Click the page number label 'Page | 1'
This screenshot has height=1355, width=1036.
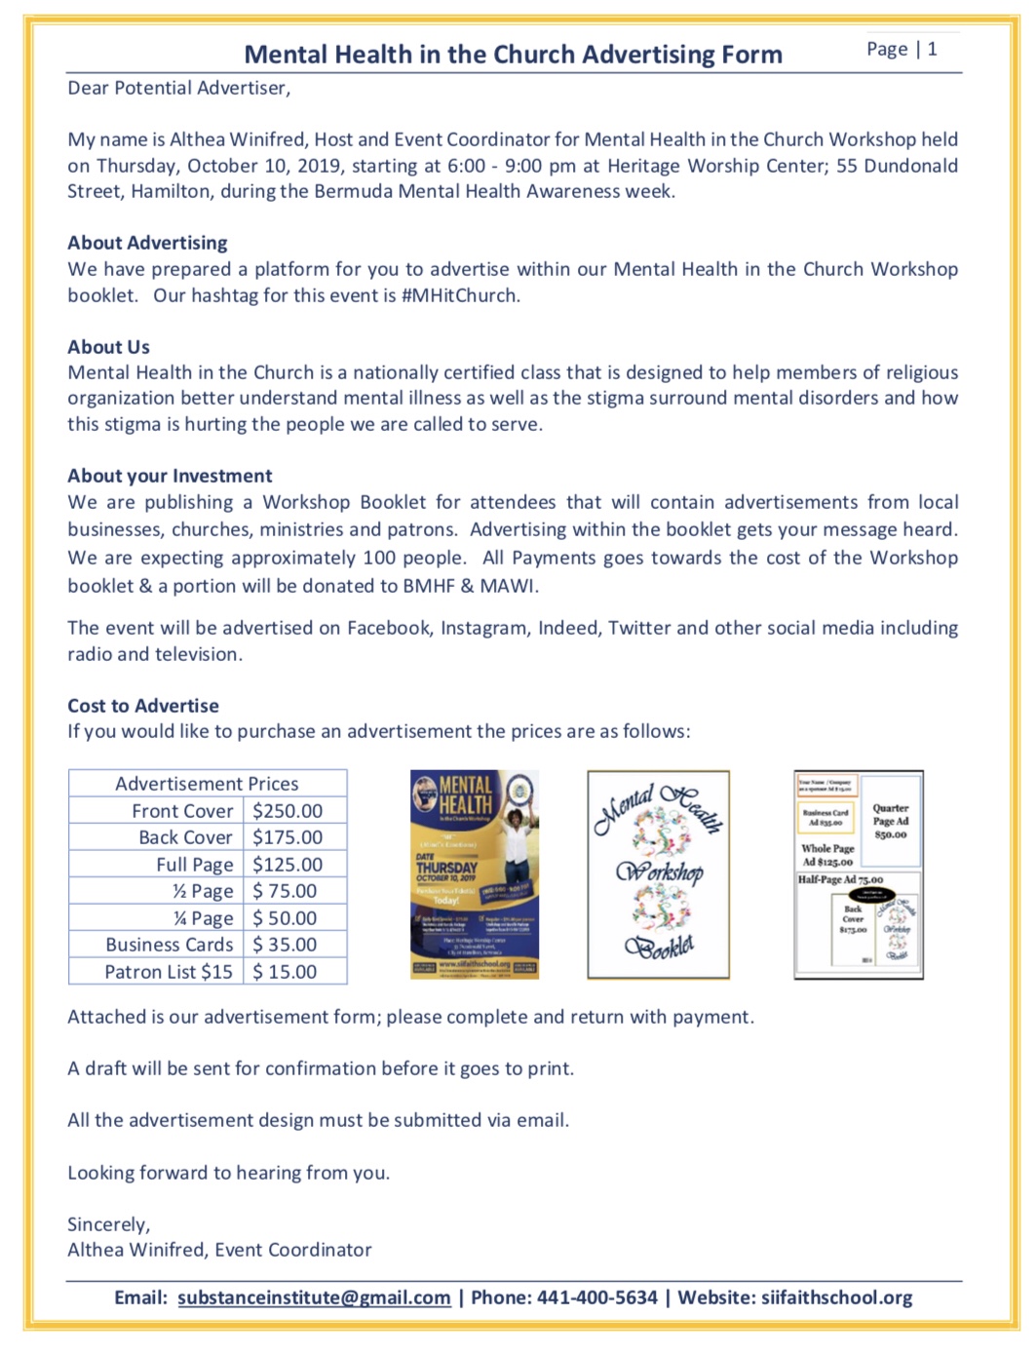(x=902, y=50)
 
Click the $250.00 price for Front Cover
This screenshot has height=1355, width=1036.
(x=287, y=811)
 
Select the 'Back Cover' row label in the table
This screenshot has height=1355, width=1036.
(x=185, y=837)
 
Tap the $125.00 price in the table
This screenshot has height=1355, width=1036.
(x=287, y=865)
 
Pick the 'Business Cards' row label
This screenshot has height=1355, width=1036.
(x=170, y=945)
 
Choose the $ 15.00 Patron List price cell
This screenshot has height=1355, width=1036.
(x=285, y=972)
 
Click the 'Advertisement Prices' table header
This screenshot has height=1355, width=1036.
(x=207, y=784)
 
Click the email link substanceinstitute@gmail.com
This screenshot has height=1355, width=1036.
(x=314, y=1297)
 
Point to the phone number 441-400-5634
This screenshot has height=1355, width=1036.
(x=597, y=1297)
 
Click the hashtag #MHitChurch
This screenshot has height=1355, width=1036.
(x=460, y=295)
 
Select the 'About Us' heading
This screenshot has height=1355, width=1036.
(x=108, y=347)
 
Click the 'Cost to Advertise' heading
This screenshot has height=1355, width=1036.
(x=143, y=706)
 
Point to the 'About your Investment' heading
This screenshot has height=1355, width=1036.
(x=170, y=476)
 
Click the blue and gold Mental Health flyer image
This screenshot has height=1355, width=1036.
(x=475, y=874)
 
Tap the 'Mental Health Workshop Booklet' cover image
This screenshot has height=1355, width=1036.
(x=658, y=874)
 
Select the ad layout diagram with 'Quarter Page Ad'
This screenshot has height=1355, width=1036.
(x=859, y=874)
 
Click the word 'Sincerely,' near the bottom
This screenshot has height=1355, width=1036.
(x=108, y=1224)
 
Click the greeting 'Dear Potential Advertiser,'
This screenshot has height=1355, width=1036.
(x=178, y=89)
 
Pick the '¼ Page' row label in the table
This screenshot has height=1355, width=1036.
(x=203, y=918)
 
